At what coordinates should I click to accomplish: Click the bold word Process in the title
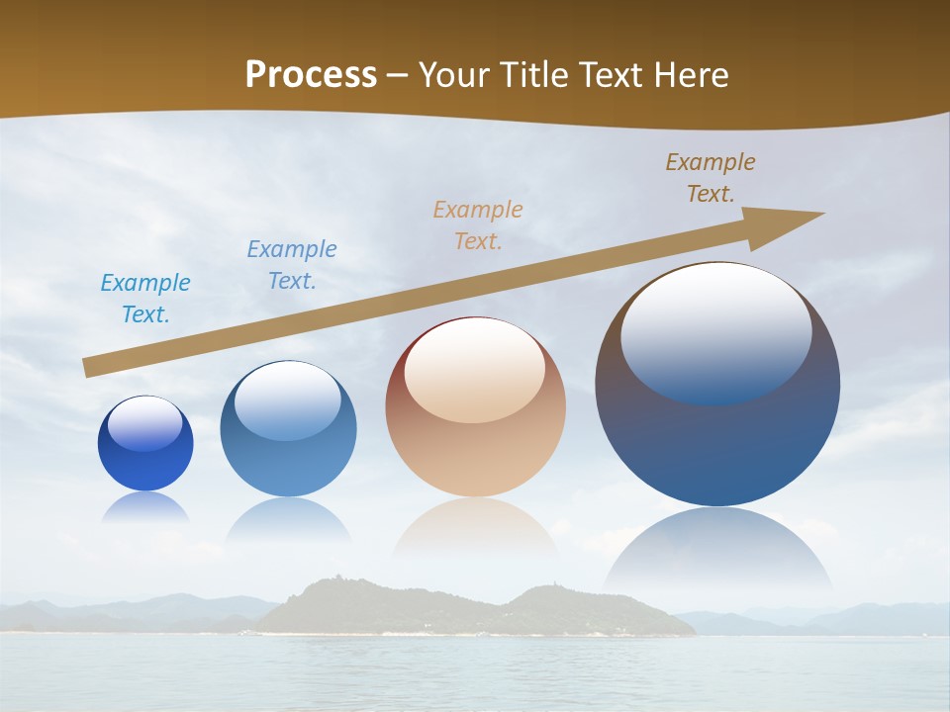(x=311, y=75)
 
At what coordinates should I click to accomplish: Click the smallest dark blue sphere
(x=145, y=450)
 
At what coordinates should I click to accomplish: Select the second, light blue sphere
(x=288, y=435)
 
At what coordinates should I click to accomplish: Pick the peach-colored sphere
(x=475, y=415)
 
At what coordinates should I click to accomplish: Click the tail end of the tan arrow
(x=89, y=367)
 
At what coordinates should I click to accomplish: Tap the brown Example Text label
(x=711, y=178)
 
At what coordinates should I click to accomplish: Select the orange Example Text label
(x=478, y=224)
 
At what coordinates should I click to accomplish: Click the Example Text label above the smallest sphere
(x=145, y=298)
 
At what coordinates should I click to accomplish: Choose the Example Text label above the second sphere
(x=292, y=264)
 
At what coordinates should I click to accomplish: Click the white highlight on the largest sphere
(x=715, y=326)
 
